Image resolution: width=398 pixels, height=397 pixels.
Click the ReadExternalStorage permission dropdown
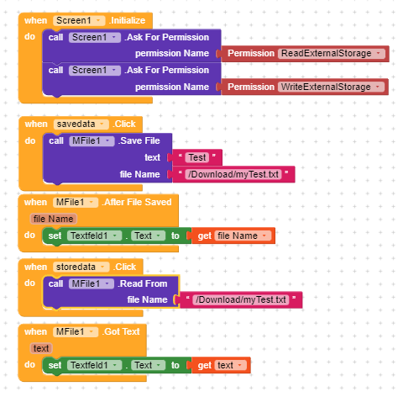coord(331,53)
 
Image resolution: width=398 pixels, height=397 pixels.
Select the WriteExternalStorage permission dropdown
coord(331,87)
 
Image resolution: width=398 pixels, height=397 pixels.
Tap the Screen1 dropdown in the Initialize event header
coord(79,20)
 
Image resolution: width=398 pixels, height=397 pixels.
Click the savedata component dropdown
coord(81,124)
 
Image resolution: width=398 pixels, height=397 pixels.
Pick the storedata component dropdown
coord(81,267)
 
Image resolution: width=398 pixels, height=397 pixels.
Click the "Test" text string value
coord(197,157)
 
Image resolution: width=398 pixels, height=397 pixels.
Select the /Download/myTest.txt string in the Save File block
coord(233,174)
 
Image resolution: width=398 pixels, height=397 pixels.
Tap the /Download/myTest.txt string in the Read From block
coord(241,299)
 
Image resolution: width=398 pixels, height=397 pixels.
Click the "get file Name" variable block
coord(233,236)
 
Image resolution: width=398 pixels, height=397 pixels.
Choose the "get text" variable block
coord(221,365)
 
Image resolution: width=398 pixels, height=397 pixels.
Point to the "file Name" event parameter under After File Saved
coord(53,219)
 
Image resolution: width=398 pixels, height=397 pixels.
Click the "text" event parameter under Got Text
coord(41,348)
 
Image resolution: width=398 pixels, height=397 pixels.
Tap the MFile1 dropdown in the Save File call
coord(92,140)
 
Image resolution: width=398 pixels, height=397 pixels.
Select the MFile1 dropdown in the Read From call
coord(92,283)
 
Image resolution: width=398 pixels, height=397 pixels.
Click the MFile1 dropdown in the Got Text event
coord(76,332)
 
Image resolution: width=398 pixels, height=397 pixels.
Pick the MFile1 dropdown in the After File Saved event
coord(76,202)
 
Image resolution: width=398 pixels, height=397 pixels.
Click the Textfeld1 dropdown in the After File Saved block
coord(94,236)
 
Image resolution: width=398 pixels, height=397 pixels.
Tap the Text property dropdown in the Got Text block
coord(149,365)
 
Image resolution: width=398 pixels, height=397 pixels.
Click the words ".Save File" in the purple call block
coord(139,140)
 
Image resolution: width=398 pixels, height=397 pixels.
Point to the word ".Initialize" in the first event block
coord(128,20)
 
